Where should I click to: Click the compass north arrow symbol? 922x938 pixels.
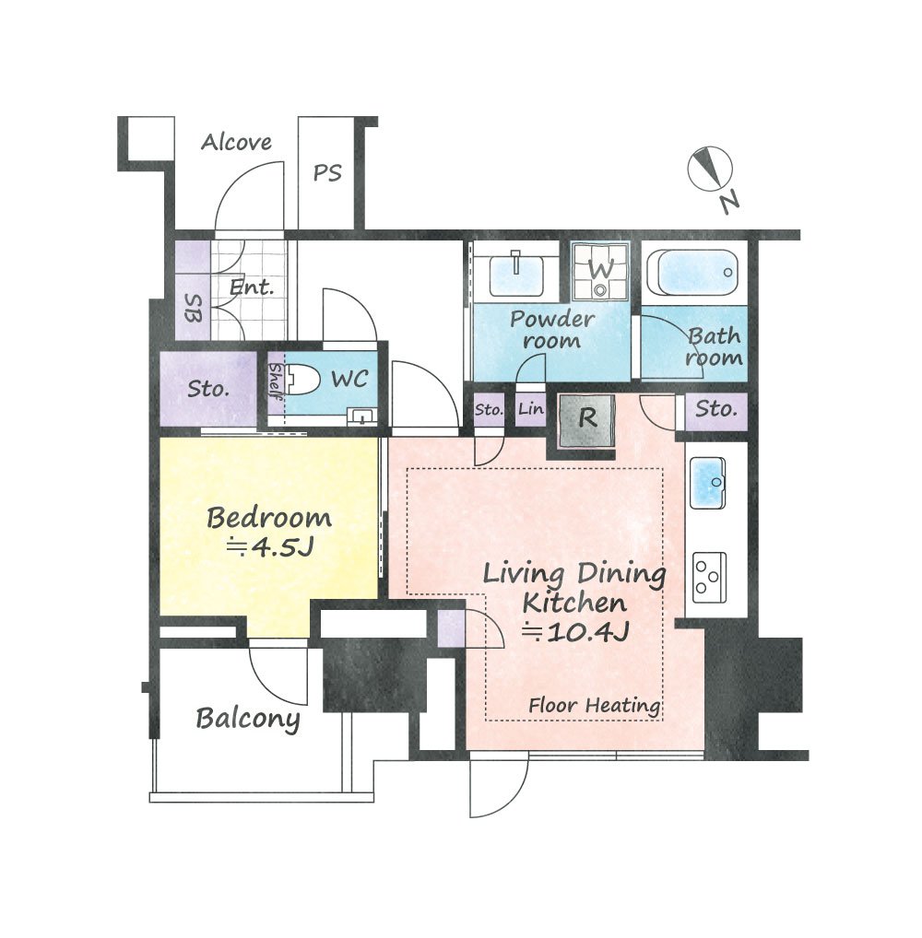point(710,169)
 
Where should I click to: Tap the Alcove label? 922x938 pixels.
point(236,143)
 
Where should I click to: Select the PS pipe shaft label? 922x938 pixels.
point(327,173)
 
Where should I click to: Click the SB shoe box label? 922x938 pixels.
point(192,308)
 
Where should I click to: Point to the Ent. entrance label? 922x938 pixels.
point(252,287)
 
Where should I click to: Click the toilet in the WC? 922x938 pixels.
point(301,379)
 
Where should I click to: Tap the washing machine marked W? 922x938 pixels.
point(600,271)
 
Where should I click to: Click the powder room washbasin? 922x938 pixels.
point(516,275)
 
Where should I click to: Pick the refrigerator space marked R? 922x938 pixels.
point(586,420)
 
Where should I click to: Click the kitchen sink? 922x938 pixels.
point(708,482)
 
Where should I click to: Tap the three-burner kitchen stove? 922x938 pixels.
point(709,578)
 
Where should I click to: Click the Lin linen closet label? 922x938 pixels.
point(531,409)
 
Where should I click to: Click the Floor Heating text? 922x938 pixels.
point(595,706)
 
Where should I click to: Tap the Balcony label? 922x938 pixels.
point(248,719)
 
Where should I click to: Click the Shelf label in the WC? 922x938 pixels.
point(276,381)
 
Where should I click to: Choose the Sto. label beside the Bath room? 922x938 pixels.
point(715,410)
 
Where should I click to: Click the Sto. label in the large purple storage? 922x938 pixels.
point(208,390)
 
